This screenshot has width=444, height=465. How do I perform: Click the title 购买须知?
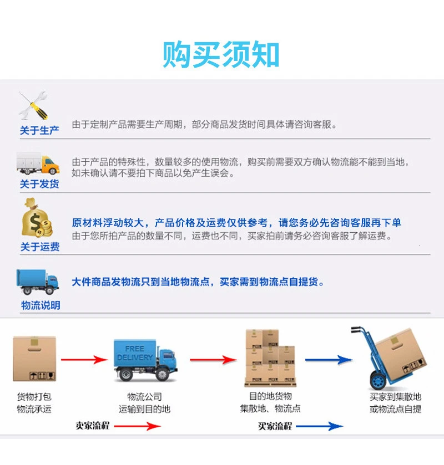[x=221, y=54]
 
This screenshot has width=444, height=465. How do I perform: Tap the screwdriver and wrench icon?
[x=34, y=106]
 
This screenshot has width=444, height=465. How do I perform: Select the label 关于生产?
[x=39, y=131]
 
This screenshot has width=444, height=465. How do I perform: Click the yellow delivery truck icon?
[x=38, y=163]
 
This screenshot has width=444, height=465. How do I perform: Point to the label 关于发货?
[x=39, y=184]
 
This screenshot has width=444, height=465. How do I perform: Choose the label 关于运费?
[x=40, y=247]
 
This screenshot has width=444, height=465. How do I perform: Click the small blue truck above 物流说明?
[x=38, y=282]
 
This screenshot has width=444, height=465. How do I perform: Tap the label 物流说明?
[x=41, y=305]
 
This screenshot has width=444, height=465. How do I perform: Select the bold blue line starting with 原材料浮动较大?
[x=236, y=223]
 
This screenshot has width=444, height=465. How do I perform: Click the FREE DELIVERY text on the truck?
[x=135, y=353]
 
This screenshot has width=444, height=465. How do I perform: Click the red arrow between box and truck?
[x=84, y=360]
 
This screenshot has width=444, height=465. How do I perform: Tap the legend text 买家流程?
[x=275, y=426]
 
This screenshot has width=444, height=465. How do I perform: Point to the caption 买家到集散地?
[x=396, y=397]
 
